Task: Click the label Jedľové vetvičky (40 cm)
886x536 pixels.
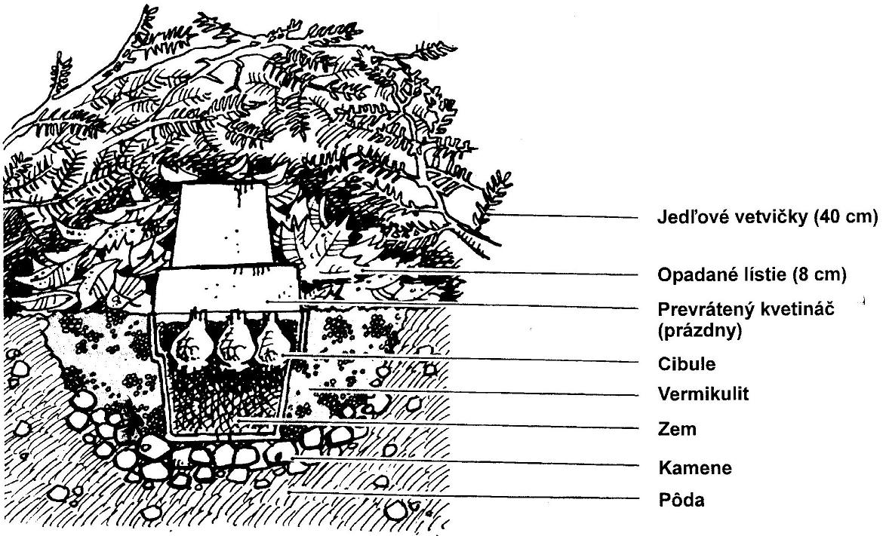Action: point(768,217)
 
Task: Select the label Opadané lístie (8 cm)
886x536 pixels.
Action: point(752,274)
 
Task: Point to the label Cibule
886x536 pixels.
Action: point(687,364)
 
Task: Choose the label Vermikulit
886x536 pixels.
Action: point(703,394)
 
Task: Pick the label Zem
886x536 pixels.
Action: point(677,430)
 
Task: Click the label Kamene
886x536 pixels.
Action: point(694,467)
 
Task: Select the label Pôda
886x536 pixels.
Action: point(681,500)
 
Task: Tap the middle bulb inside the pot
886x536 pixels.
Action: point(235,342)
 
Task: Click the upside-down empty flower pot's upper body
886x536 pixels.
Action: point(222,225)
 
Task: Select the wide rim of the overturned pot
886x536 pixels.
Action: point(227,289)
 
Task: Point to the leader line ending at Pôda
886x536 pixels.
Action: point(463,495)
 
